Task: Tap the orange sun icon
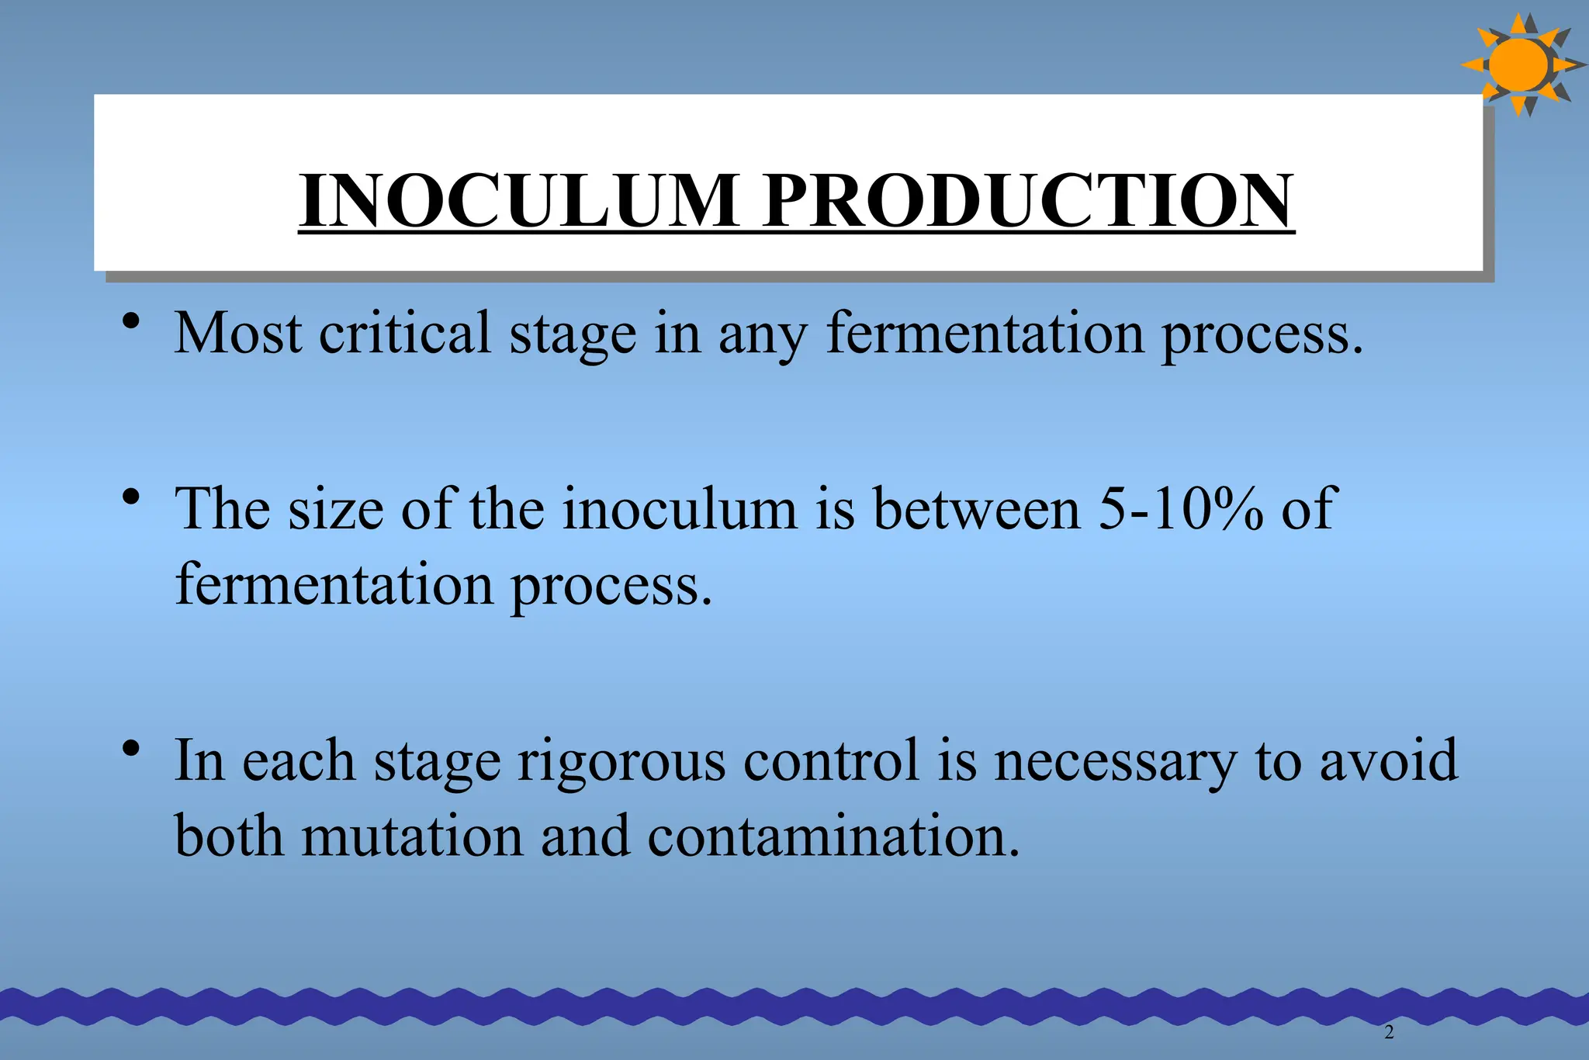pos(1519,65)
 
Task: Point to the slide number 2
pos(1389,1032)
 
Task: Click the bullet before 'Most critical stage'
pos(131,320)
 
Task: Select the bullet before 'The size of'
pos(131,496)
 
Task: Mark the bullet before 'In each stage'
pos(131,748)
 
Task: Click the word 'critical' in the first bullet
pos(405,333)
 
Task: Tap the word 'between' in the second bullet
pos(976,509)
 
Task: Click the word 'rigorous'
pos(621,760)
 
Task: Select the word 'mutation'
pos(412,837)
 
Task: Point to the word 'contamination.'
pos(833,837)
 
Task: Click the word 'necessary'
pos(1115,760)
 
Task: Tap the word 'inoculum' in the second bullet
pos(680,509)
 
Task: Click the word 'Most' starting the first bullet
pos(237,333)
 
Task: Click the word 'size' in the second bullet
pos(335,509)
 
